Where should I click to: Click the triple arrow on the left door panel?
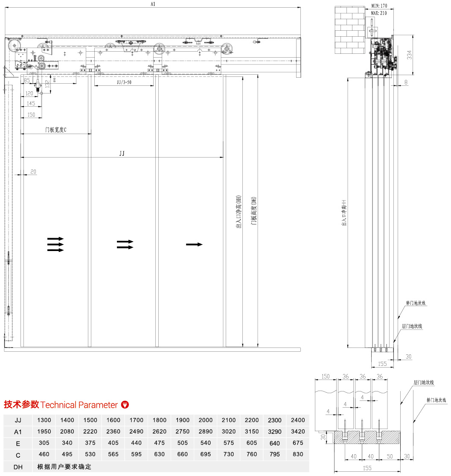(55, 244)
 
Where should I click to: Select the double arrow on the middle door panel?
(125, 244)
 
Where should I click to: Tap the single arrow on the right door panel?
(194, 244)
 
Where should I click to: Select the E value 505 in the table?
(182, 443)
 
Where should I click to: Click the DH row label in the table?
(18, 467)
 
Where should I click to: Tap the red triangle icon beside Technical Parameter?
(125, 405)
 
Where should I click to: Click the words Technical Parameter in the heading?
(79, 405)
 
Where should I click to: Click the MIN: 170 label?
(378, 6)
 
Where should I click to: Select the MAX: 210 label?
(378, 13)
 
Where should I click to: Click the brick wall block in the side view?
(350, 30)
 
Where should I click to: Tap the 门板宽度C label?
(57, 130)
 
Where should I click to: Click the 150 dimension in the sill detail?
(326, 376)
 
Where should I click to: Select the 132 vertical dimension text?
(47, 84)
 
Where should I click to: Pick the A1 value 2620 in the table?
(159, 432)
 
